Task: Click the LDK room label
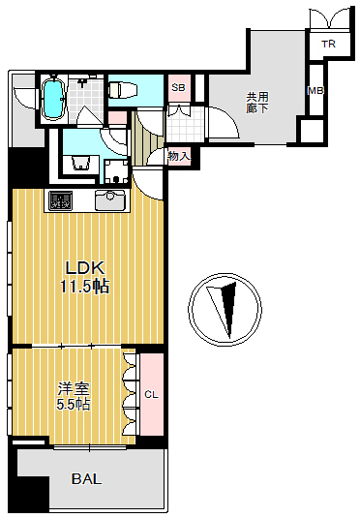[85, 268]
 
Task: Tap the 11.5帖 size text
[84, 286]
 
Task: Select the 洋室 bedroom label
[74, 389]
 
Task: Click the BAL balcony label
[86, 478]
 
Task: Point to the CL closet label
[152, 394]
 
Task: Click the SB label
[179, 88]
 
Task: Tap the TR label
[329, 44]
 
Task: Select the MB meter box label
[315, 90]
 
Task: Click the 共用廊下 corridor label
[257, 103]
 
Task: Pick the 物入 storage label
[179, 156]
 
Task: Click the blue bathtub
[53, 99]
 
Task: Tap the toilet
[123, 90]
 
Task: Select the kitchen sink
[110, 199]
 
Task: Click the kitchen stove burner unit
[60, 200]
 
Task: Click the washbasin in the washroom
[80, 163]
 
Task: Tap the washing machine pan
[116, 171]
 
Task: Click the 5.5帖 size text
[74, 404]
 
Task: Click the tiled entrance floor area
[185, 124]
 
